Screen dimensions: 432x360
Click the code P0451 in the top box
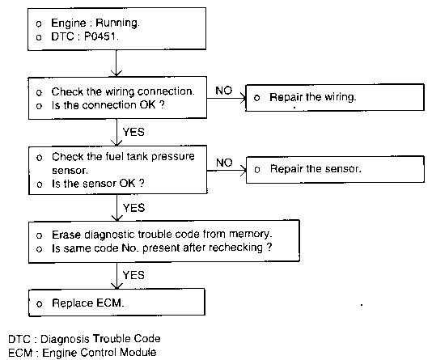(101, 36)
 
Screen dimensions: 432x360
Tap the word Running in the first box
(117, 23)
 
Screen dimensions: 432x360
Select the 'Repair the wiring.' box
(335, 98)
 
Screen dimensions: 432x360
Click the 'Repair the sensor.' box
(335, 169)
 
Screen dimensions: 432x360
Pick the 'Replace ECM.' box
(116, 303)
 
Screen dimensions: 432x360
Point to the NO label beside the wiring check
(224, 91)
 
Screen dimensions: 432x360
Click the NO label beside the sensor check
(224, 163)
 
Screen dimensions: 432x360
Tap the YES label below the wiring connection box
(133, 132)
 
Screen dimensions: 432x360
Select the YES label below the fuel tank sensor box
(133, 208)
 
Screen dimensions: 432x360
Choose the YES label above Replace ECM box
(133, 275)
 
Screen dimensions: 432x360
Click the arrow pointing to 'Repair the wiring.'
(227, 98)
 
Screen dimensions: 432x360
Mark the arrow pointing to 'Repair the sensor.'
(227, 171)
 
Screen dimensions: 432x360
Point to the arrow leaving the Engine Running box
(116, 63)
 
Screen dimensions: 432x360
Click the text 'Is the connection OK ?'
(108, 105)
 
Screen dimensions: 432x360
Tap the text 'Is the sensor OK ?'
(98, 184)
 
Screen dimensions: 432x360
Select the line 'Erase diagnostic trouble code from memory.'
(162, 235)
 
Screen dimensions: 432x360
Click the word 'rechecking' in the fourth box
(235, 248)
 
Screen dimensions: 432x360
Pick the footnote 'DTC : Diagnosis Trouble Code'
(84, 339)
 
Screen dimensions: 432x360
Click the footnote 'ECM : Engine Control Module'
(83, 353)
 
